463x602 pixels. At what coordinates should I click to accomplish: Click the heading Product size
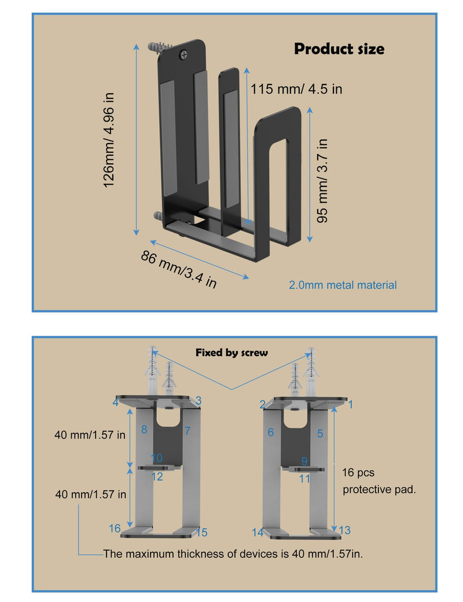pos(339,49)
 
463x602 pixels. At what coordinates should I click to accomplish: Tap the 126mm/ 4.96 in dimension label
pos(109,140)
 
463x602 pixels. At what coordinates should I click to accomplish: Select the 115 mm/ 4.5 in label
pos(296,89)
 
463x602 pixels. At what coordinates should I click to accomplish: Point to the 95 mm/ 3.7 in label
pos(322,181)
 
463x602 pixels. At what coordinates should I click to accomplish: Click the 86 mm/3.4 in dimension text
pos(179,269)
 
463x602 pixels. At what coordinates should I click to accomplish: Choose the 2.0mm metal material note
pos(343,285)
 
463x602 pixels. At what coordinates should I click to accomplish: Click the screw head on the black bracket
pos(184,54)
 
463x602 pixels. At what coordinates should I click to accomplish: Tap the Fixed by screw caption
pos(231,353)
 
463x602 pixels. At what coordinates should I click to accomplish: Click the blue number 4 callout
pos(116,402)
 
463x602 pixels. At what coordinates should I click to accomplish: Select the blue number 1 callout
pos(351,404)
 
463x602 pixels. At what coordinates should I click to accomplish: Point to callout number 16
pos(115,528)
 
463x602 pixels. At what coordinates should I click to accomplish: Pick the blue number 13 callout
pos(345,530)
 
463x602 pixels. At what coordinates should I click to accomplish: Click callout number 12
pos(157,476)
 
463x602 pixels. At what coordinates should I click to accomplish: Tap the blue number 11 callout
pos(305,478)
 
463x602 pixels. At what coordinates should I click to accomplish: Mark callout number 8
pos(144,430)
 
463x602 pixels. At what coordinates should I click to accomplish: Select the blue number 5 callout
pos(320,434)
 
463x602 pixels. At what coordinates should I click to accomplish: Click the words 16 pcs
pos(358,472)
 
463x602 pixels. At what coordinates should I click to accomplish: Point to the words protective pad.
pos(379,490)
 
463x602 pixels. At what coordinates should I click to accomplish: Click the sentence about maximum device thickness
pos(233,553)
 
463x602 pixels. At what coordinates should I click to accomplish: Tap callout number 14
pos(258,533)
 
